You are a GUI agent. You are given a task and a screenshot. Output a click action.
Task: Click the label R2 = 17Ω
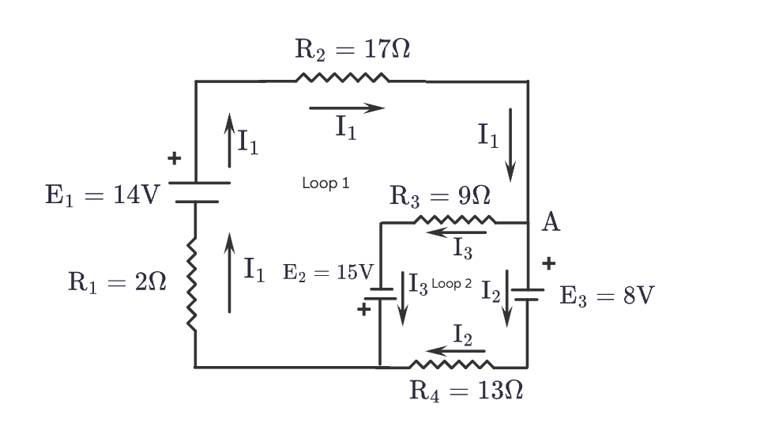click(x=352, y=50)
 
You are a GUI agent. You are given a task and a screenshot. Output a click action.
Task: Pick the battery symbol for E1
click(x=197, y=191)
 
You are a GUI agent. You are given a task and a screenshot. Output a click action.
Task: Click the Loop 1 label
click(x=325, y=183)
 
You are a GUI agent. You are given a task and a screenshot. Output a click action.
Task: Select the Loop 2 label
click(x=451, y=283)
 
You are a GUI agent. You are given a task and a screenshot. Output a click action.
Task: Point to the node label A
click(x=551, y=222)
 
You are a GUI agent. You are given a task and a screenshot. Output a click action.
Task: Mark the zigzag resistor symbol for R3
click(x=454, y=221)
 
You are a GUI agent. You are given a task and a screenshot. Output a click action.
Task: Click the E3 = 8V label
click(x=607, y=296)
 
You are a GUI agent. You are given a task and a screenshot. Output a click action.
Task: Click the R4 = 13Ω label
click(x=466, y=391)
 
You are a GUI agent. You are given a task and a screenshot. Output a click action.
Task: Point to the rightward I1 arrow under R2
click(x=347, y=108)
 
